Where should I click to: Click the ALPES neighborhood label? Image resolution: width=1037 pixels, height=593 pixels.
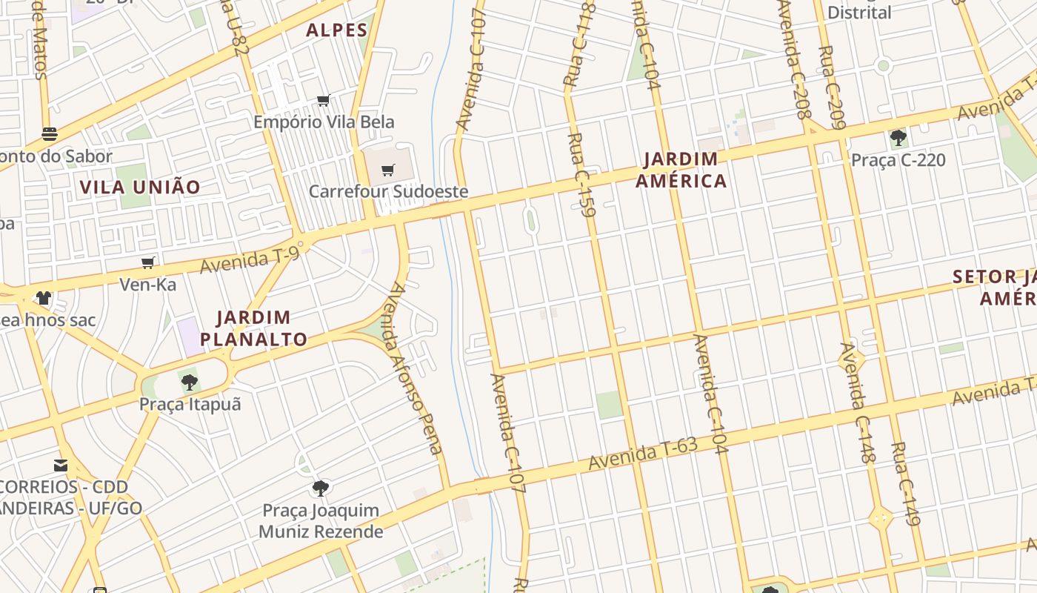[x=337, y=30]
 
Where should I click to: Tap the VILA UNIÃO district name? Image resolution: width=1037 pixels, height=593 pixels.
[x=140, y=187]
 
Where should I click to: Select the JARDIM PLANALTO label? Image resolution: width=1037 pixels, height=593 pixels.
[x=254, y=328]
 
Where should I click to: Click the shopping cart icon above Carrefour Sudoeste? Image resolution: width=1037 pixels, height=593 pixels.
[x=388, y=170]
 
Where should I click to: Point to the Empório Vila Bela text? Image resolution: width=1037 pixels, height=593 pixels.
[x=324, y=122]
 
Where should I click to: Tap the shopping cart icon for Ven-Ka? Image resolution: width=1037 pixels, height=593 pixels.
[x=148, y=262]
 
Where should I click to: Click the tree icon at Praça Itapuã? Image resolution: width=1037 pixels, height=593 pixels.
[x=190, y=382]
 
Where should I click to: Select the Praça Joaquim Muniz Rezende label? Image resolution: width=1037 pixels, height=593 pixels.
[x=321, y=521]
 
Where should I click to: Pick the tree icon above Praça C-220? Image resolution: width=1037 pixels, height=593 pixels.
[x=898, y=138]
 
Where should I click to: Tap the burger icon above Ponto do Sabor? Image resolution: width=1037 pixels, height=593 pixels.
[x=50, y=134]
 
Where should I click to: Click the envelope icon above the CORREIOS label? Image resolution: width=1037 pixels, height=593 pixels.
[x=61, y=466]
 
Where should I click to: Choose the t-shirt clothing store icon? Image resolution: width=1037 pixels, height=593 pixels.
[x=44, y=298]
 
